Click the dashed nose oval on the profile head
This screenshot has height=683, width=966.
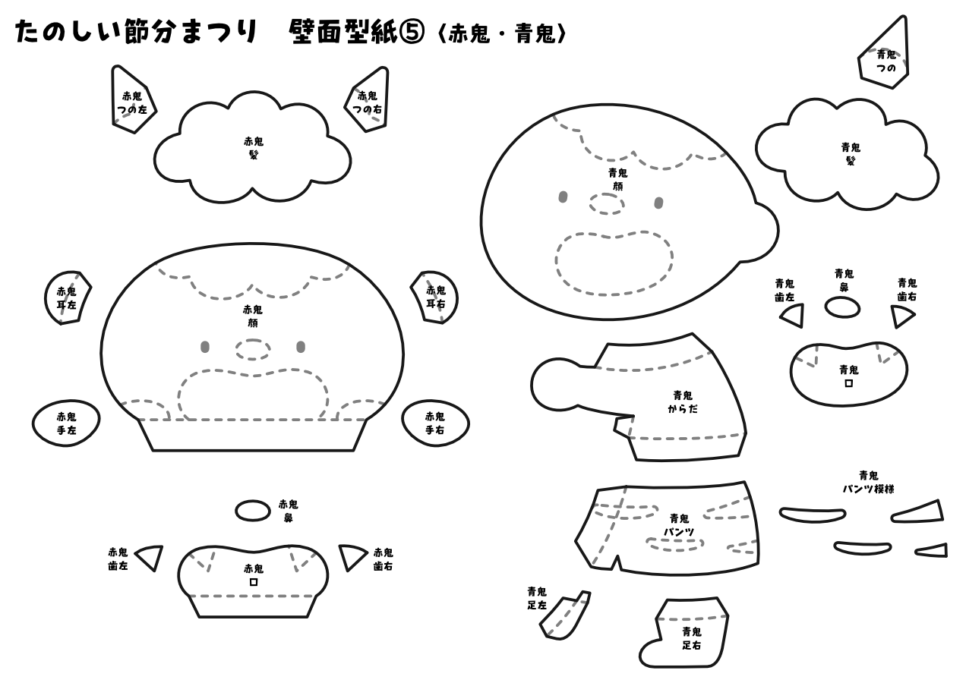coord(607,203)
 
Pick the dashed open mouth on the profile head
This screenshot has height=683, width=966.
coord(614,262)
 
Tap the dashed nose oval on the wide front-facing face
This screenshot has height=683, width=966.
coord(253,350)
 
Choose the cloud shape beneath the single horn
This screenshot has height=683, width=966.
coord(847,156)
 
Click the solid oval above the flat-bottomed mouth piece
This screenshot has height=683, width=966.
coord(253,511)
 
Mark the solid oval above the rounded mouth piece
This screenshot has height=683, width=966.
coord(842,307)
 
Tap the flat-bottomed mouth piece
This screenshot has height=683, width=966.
coord(253,581)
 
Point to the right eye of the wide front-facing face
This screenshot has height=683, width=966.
coord(301,348)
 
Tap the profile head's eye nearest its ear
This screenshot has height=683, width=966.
coord(658,203)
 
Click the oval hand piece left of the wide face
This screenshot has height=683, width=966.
coord(66,423)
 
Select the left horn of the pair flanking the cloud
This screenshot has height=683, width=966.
coord(132,100)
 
